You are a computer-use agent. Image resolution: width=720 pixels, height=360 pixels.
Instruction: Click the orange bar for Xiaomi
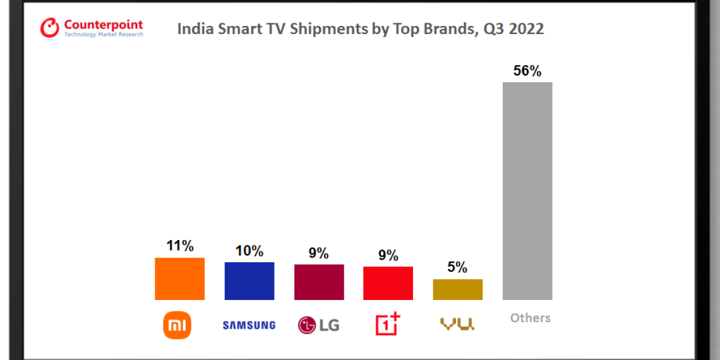tap(179, 279)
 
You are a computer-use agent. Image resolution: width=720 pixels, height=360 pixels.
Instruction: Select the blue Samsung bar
tap(249, 281)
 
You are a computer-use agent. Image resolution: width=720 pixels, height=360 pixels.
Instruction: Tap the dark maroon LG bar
tap(319, 282)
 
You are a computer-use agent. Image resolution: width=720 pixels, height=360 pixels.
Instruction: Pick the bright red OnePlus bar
tap(388, 283)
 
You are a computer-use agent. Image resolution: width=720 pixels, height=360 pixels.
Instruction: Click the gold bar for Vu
tap(458, 289)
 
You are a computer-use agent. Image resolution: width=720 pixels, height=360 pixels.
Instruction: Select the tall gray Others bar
tap(527, 191)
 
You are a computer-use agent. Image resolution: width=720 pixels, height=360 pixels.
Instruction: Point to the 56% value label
tap(527, 71)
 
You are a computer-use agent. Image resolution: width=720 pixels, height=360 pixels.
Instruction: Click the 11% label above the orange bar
tap(179, 246)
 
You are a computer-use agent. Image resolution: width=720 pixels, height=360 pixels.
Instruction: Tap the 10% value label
tap(249, 251)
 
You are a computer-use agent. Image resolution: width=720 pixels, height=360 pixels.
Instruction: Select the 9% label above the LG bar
tap(319, 253)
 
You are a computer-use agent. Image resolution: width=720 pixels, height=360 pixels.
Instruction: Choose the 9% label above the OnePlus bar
tap(388, 255)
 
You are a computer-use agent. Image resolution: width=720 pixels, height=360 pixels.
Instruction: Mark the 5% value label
tap(458, 268)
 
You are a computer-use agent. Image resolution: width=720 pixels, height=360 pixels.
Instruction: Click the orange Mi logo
tap(177, 325)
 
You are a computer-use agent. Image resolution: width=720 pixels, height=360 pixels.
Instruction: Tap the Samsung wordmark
tap(249, 325)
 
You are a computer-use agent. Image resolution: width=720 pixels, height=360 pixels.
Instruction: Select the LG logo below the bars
tap(319, 325)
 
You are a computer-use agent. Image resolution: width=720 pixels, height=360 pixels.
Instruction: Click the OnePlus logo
tap(388, 323)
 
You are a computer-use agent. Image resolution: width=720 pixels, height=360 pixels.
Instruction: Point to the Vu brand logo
tap(457, 325)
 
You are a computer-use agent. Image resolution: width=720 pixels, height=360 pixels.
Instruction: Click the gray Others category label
tap(531, 318)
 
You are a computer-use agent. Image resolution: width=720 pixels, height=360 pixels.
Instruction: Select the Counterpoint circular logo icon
tap(50, 28)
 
